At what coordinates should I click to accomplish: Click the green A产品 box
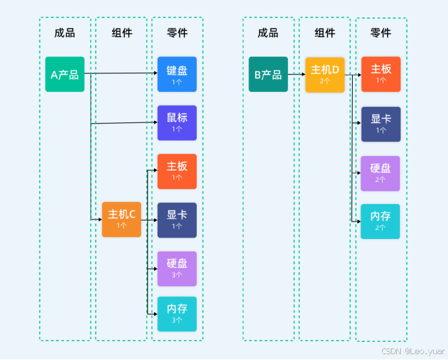point(65,74)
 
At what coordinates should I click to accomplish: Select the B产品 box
point(268,74)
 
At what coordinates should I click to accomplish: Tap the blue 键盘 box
point(177,74)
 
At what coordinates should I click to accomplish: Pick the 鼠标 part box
point(177,122)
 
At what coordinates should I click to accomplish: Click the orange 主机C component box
point(121,219)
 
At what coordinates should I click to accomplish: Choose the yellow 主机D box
point(324,74)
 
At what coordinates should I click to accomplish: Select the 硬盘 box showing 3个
point(177,268)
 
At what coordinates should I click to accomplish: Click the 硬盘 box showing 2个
point(380,173)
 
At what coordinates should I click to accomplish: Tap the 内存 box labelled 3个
point(177,313)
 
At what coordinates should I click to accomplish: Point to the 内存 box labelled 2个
point(380,221)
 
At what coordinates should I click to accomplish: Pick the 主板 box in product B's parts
point(380,74)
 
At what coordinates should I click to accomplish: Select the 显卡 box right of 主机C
point(177,219)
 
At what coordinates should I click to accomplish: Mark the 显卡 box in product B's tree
point(380,124)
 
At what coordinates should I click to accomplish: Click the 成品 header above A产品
point(65,32)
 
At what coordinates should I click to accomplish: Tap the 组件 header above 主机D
point(324,32)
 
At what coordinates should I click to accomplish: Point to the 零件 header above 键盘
point(177,32)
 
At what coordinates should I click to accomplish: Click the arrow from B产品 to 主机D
point(297,74)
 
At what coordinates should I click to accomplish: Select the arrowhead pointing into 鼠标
point(155,122)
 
